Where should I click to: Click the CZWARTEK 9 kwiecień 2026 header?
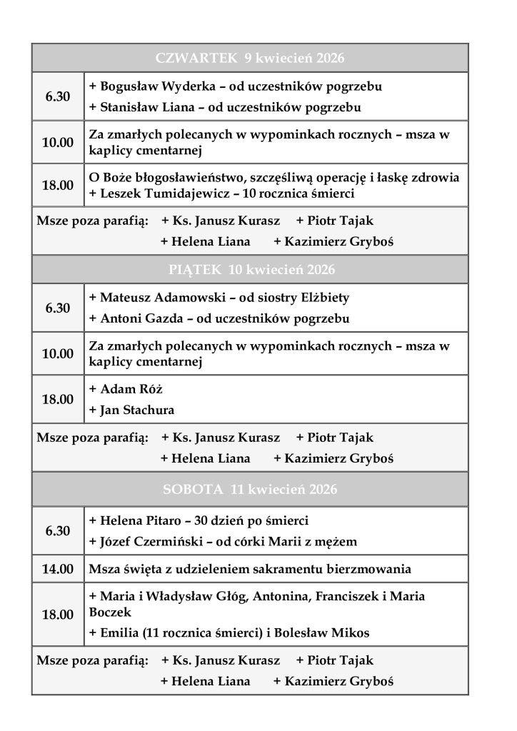point(250,58)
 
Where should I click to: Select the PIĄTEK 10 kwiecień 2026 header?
point(250,270)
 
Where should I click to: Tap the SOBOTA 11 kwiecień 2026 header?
point(250,490)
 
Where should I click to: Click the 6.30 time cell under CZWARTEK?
point(58,96)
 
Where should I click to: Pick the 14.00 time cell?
point(58,569)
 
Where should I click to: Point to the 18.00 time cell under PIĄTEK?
point(58,399)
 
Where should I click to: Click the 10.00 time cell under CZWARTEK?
point(58,142)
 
